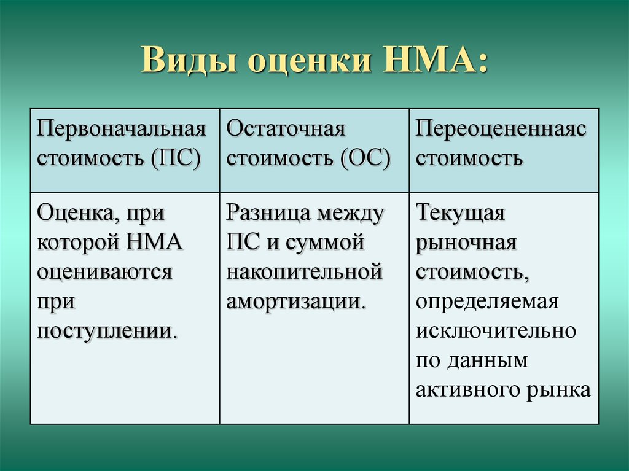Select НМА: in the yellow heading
click(434, 60)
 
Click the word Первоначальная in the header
click(122, 129)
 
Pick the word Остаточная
click(286, 129)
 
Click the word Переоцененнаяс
click(501, 130)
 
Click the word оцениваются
click(104, 272)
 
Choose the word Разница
click(268, 212)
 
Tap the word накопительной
click(305, 272)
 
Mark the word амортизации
click(296, 302)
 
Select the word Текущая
click(460, 212)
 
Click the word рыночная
click(466, 243)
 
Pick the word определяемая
click(487, 302)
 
